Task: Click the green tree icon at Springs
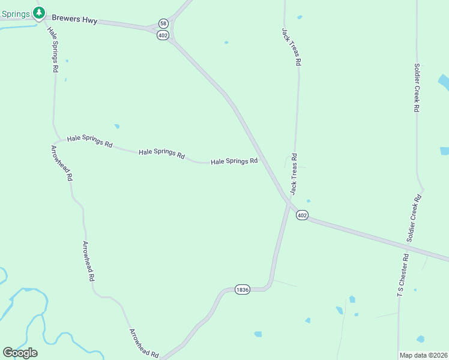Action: (x=39, y=13)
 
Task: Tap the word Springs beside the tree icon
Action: (x=16, y=13)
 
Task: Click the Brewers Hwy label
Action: (x=74, y=20)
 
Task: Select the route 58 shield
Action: (x=163, y=23)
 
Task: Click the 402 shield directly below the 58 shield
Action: (x=163, y=35)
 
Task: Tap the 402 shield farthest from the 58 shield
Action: (x=302, y=215)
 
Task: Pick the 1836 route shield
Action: (x=242, y=290)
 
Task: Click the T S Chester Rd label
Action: (x=403, y=275)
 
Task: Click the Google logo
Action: (x=20, y=353)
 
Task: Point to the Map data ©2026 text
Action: (x=423, y=355)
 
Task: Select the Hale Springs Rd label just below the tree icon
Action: (x=53, y=51)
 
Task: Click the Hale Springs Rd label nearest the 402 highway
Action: (x=234, y=161)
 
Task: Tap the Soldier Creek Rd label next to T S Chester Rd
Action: (x=413, y=218)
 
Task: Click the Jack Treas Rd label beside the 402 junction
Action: (x=294, y=174)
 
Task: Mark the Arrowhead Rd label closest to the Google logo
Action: (x=144, y=344)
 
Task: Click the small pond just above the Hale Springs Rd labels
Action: (x=117, y=126)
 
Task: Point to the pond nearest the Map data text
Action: (x=420, y=339)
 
